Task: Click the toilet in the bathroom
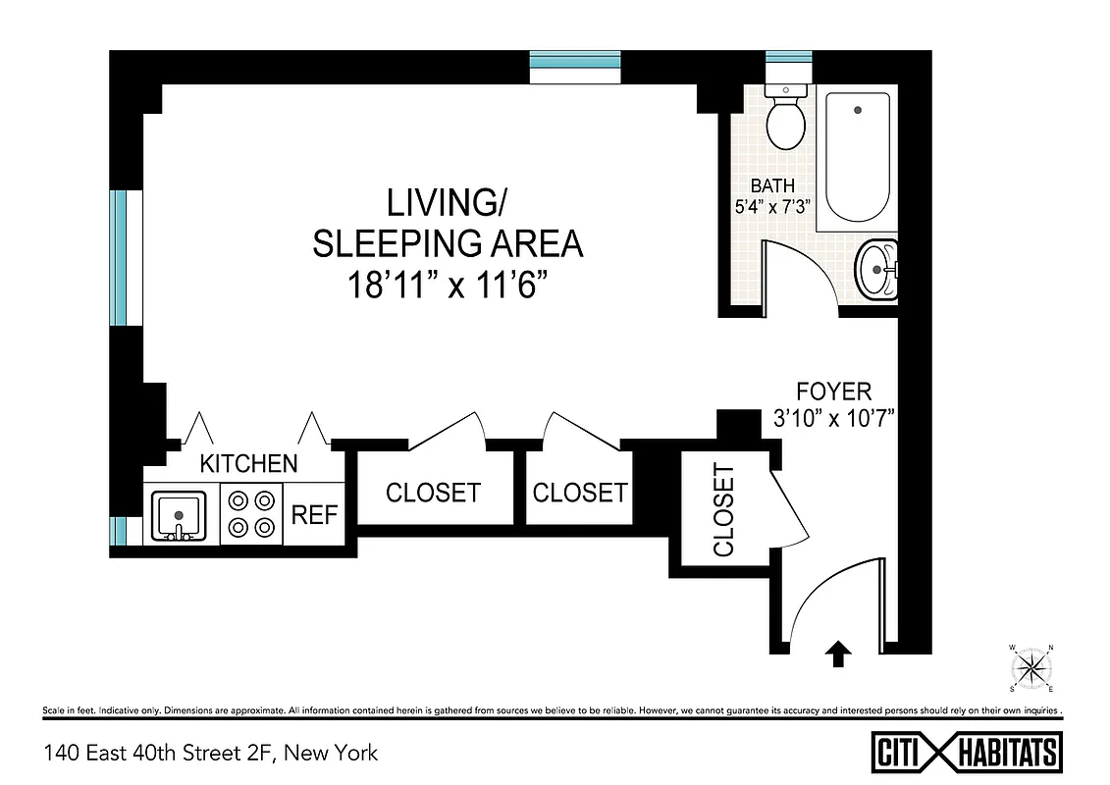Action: tap(785, 118)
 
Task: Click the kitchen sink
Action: tap(178, 514)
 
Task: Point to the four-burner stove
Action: tap(250, 514)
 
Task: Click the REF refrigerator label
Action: tap(315, 515)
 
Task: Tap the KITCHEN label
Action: tap(248, 463)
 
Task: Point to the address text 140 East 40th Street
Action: tap(210, 754)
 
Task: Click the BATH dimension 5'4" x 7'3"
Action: tap(772, 205)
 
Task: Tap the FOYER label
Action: tap(833, 392)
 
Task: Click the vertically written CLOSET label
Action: tap(723, 511)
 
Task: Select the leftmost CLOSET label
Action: tap(433, 493)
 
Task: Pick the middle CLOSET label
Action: tap(579, 493)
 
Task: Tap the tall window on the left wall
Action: tap(119, 258)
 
